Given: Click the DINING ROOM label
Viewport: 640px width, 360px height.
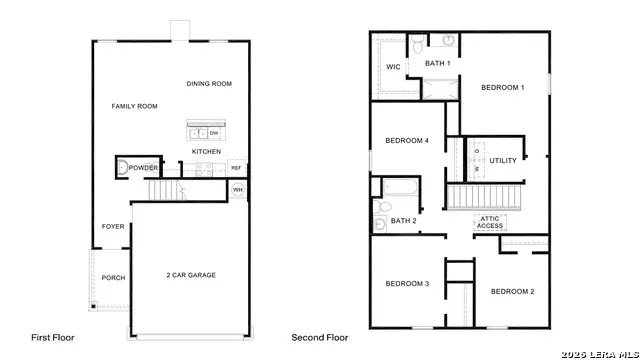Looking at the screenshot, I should (209, 84).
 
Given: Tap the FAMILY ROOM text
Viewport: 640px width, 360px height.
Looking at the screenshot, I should (134, 105).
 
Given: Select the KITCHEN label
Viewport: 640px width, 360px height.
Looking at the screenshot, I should (207, 152).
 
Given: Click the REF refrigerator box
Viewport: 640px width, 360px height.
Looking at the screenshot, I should (236, 168).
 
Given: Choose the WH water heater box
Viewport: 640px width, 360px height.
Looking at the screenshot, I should (238, 189).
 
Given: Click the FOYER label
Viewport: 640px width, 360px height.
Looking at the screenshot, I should (113, 227).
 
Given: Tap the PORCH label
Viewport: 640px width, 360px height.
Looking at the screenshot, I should (113, 278).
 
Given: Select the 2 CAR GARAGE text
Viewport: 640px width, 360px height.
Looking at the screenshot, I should (191, 275).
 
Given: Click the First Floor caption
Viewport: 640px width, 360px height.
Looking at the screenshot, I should (53, 338).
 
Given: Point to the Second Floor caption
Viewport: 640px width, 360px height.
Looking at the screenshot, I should (320, 338).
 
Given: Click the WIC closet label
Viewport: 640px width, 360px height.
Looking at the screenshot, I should (393, 68).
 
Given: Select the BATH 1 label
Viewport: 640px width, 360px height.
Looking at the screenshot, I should (438, 64).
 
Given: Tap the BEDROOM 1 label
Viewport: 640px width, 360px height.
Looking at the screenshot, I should (502, 88).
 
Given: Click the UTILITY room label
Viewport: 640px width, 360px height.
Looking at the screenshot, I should (502, 160).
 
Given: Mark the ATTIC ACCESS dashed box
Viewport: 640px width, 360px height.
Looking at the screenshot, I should (490, 223).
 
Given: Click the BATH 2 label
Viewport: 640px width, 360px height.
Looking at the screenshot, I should (404, 221).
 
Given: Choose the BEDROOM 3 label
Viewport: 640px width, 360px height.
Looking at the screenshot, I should (407, 284).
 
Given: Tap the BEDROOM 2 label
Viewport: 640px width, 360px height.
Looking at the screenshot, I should (511, 291).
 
